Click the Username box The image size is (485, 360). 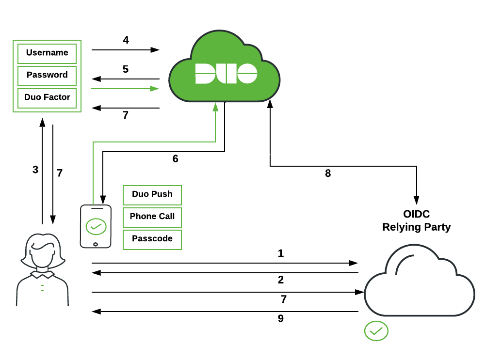click(47, 53)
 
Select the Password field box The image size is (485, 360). click(47, 76)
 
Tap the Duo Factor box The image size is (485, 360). click(47, 98)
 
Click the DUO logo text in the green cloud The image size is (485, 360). click(226, 74)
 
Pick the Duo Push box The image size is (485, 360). click(152, 195)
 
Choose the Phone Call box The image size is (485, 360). click(152, 217)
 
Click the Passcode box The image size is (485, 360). click(152, 239)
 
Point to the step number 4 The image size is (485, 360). click(126, 40)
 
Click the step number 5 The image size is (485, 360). click(126, 69)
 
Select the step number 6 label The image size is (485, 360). click(176, 159)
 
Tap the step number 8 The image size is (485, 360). click(328, 173)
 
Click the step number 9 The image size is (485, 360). click(281, 319)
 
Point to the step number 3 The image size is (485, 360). click(35, 170)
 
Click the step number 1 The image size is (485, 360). click(281, 253)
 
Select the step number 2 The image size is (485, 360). click(281, 280)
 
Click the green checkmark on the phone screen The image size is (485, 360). click(96, 226)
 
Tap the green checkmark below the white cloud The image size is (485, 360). click(376, 331)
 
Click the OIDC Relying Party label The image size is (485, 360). click(416, 220)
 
